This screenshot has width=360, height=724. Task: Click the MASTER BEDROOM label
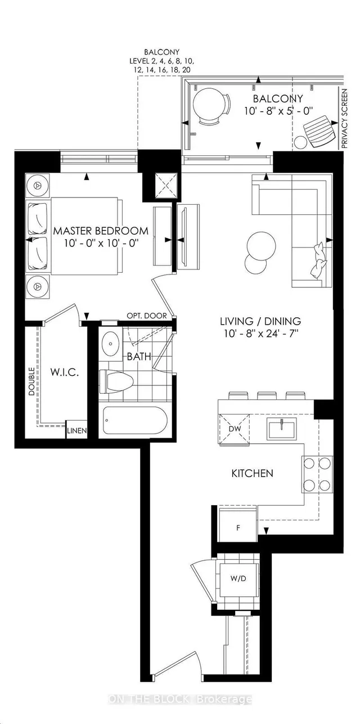(x=101, y=231)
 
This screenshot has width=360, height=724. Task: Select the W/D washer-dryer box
(x=238, y=578)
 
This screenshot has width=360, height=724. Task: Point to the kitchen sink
(x=281, y=428)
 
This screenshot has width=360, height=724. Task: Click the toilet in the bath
(x=116, y=382)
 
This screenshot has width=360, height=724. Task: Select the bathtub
(x=135, y=420)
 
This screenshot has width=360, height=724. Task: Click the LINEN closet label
(x=77, y=430)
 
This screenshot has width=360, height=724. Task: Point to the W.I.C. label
(x=65, y=372)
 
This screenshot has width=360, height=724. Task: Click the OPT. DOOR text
(x=147, y=316)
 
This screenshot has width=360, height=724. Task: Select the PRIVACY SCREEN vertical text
(x=344, y=119)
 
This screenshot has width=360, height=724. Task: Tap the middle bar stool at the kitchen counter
(x=267, y=395)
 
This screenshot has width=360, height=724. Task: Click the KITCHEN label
(x=253, y=474)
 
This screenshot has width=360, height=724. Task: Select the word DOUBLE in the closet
(x=31, y=381)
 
